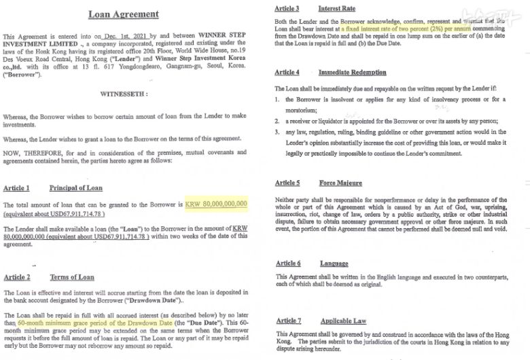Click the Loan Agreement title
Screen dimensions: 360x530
(x=124, y=14)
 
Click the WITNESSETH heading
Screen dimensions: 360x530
(x=124, y=93)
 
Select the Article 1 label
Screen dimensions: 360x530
(x=16, y=187)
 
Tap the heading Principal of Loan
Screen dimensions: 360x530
(x=77, y=187)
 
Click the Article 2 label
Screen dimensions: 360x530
(x=16, y=277)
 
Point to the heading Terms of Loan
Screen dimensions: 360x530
(x=72, y=277)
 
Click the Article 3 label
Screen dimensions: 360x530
(x=287, y=8)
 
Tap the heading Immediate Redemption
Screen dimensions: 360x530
(x=352, y=72)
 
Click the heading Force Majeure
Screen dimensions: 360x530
(x=340, y=183)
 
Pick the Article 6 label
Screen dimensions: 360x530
(x=287, y=263)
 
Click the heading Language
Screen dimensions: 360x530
(x=334, y=263)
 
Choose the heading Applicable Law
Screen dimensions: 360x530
(x=343, y=320)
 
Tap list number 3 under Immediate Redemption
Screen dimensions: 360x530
(x=279, y=132)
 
